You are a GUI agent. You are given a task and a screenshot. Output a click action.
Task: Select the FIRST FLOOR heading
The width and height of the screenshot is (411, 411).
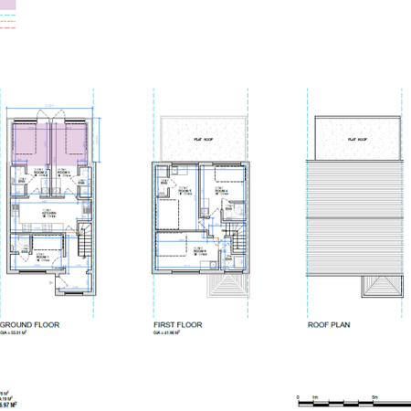pos(177,324)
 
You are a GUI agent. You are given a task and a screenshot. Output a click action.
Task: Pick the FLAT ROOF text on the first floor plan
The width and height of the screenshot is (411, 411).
pos(200,138)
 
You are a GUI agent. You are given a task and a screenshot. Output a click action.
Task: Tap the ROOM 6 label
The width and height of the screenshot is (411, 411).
pos(198,249)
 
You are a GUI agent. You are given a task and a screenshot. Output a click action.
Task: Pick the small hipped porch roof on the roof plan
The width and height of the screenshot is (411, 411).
pos(381,285)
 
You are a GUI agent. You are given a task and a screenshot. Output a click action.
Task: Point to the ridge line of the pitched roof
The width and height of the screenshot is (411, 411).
pos(356,220)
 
